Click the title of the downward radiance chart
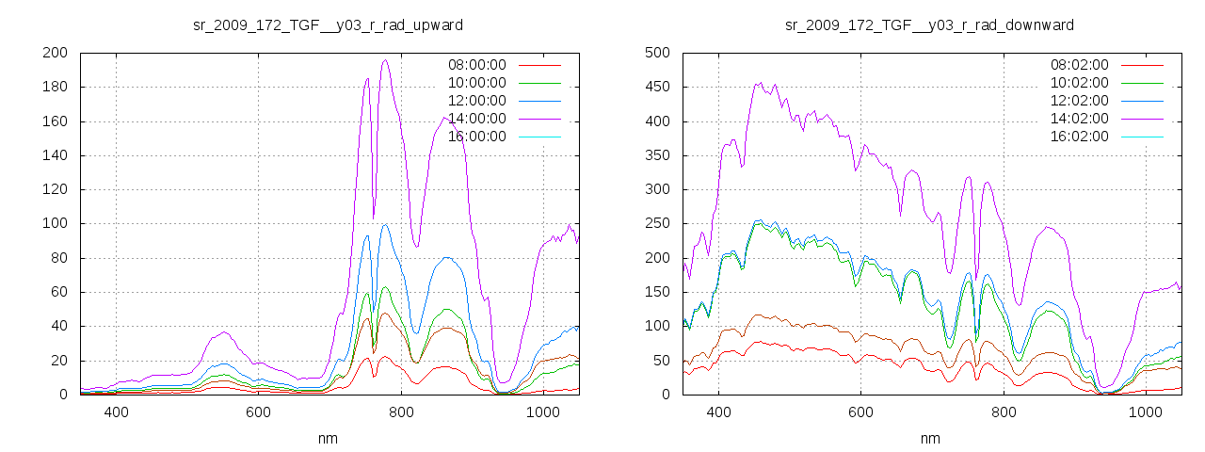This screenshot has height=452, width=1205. coord(929,24)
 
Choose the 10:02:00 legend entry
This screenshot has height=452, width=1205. coord(1078,83)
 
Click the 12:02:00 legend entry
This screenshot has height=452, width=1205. coord(1078,101)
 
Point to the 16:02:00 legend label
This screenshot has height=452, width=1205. coord(1078,137)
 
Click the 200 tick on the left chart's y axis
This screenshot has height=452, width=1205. coord(54,53)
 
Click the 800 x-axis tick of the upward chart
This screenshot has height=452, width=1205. coord(401,412)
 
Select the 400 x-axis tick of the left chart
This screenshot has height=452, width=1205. coord(117,412)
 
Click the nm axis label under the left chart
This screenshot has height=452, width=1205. coord(329,439)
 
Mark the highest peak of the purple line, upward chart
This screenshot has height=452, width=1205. coord(385,60)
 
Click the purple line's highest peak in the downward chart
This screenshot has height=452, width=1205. coord(759,83)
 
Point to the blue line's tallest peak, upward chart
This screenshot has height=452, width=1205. coord(385,224)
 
